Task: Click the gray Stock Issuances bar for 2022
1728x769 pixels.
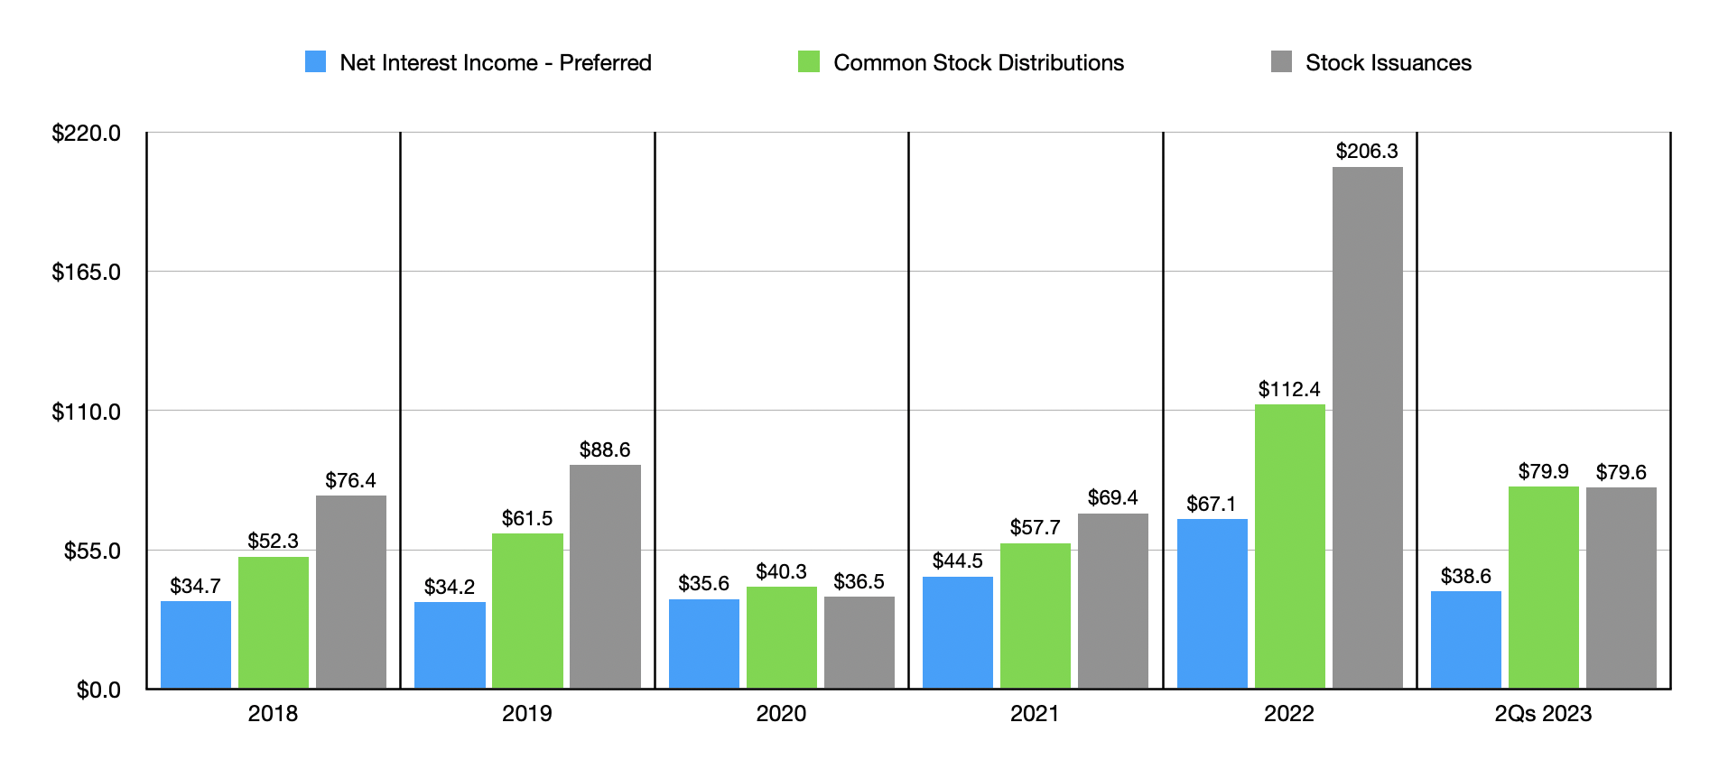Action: click(x=1367, y=428)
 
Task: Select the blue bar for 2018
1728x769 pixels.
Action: click(x=196, y=644)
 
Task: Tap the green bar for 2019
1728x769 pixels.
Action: click(x=527, y=611)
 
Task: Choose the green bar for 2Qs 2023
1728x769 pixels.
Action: click(x=1543, y=588)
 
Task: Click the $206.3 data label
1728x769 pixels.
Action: click(x=1367, y=151)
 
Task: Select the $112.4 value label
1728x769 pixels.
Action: click(x=1289, y=389)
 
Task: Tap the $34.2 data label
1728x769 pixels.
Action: click(x=450, y=587)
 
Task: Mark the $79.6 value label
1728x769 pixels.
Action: click(x=1621, y=472)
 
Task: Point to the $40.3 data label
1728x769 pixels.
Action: click(x=781, y=571)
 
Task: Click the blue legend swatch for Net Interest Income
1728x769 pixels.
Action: click(x=315, y=61)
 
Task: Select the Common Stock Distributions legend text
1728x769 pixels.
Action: click(x=978, y=62)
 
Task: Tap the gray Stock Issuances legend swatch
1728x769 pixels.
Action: click(x=1281, y=61)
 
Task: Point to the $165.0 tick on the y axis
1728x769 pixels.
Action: click(x=86, y=273)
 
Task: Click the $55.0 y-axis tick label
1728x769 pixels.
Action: click(x=92, y=551)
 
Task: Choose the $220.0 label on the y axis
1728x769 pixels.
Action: click(x=86, y=134)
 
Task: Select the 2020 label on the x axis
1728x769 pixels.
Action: click(x=781, y=714)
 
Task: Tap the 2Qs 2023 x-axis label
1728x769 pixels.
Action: click(x=1543, y=714)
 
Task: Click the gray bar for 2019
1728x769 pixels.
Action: click(x=605, y=577)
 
